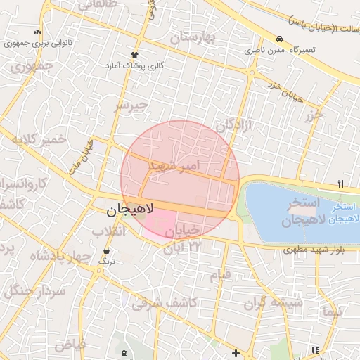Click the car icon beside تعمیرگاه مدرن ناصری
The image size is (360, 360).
click(280, 39)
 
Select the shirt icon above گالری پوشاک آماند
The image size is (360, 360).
click(134, 54)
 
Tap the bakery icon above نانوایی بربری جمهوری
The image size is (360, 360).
click(37, 32)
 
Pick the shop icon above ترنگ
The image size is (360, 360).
click(106, 250)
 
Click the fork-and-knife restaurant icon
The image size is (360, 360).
click(341, 184)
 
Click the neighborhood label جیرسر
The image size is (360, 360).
click(132, 106)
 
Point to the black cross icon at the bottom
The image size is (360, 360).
click(235, 352)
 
